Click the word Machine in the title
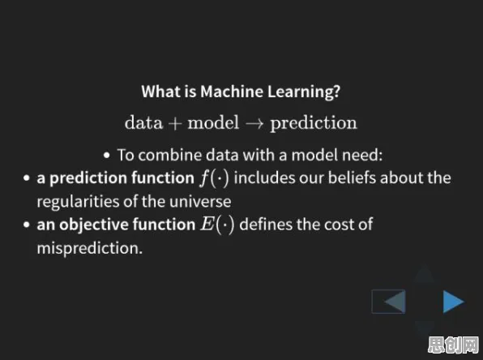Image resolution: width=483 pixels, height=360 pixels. point(231,92)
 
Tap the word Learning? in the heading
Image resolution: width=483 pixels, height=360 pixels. point(304,92)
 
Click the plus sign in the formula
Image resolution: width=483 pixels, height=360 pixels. point(175,124)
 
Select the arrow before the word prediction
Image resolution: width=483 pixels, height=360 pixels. point(254,124)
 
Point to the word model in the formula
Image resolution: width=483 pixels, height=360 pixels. point(213,122)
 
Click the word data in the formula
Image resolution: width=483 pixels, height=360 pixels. point(143,122)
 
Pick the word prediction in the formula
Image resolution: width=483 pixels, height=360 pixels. point(314,123)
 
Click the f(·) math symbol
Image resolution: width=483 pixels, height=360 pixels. point(215,178)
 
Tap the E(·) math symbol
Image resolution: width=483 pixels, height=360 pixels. point(217,225)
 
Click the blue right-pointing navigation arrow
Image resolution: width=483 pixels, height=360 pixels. point(452,302)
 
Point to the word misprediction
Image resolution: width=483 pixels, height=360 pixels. point(90,248)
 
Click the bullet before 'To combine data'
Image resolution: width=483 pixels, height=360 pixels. point(107,156)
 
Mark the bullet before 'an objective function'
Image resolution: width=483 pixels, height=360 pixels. point(27,225)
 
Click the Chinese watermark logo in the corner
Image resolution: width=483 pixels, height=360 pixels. point(454,345)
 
